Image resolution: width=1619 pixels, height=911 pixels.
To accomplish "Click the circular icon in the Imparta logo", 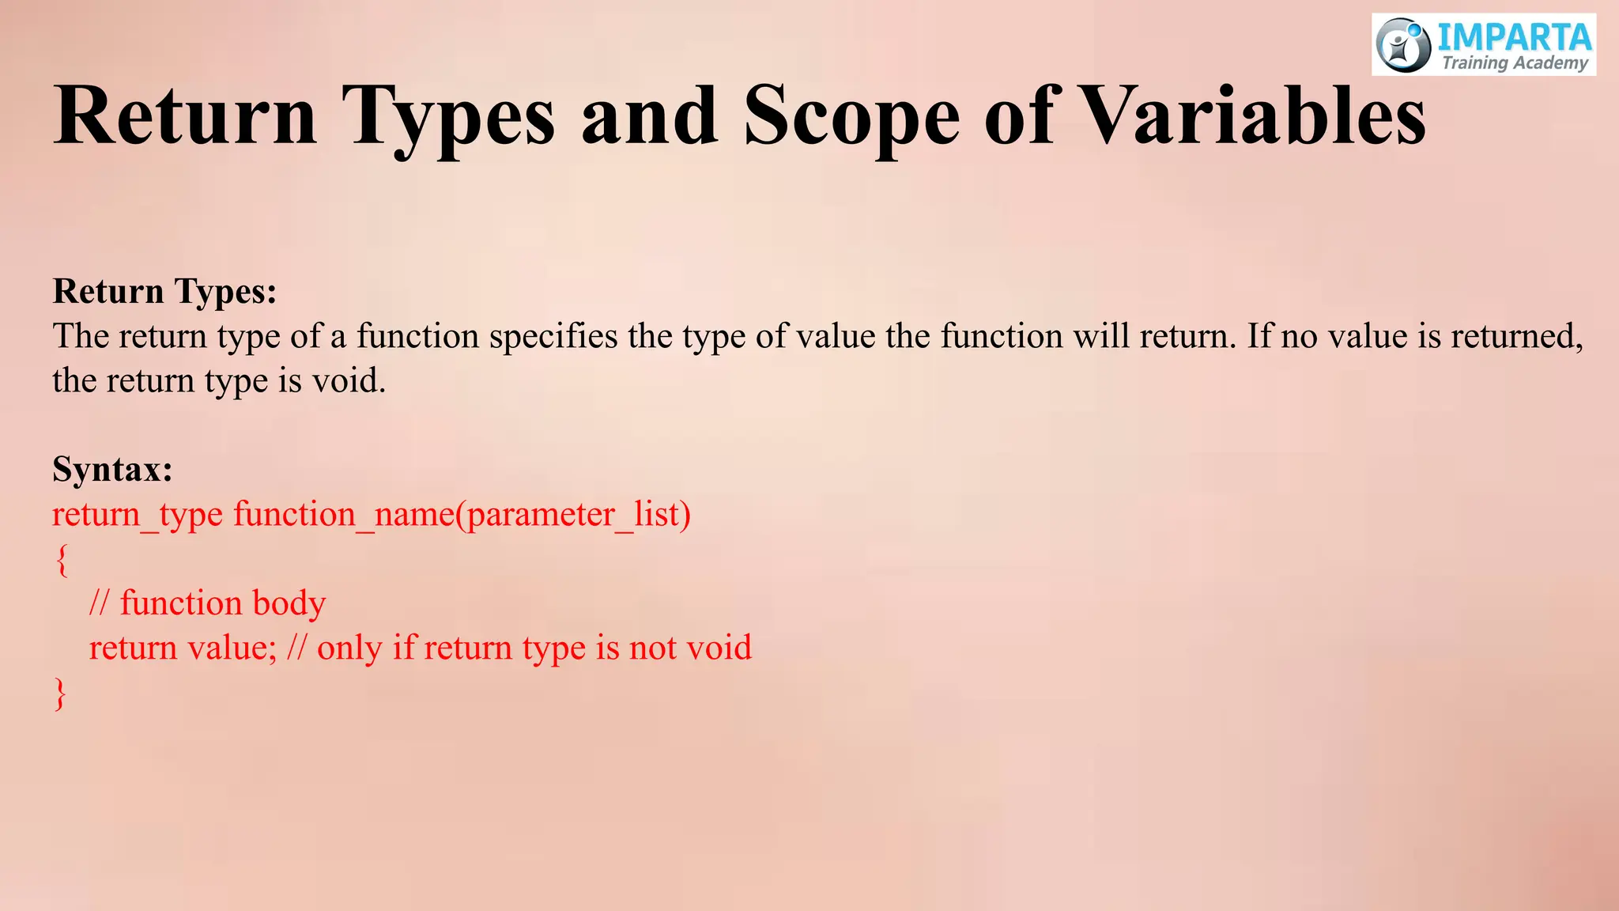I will pyautogui.click(x=1403, y=46).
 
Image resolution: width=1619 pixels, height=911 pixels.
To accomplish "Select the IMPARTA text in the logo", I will pyautogui.click(x=1514, y=36).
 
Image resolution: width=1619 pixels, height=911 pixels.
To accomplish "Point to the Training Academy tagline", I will pyautogui.click(x=1514, y=63).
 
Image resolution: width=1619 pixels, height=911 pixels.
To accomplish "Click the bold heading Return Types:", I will pyautogui.click(x=164, y=291).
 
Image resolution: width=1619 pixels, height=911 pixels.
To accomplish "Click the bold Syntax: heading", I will pyautogui.click(x=112, y=469).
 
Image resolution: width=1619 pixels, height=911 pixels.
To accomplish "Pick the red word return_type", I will pyautogui.click(x=138, y=515).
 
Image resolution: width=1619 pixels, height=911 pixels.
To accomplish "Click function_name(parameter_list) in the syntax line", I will pyautogui.click(x=462, y=515).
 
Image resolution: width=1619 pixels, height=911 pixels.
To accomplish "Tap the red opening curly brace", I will pyautogui.click(x=62, y=560).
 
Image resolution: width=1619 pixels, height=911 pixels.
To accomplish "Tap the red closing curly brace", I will pyautogui.click(x=60, y=694).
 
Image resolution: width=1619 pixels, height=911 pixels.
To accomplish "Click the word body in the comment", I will pyautogui.click(x=289, y=603).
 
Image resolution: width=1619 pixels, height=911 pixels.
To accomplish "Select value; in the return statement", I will pyautogui.click(x=232, y=648).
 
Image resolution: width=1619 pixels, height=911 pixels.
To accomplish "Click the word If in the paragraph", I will pyautogui.click(x=1259, y=337).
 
